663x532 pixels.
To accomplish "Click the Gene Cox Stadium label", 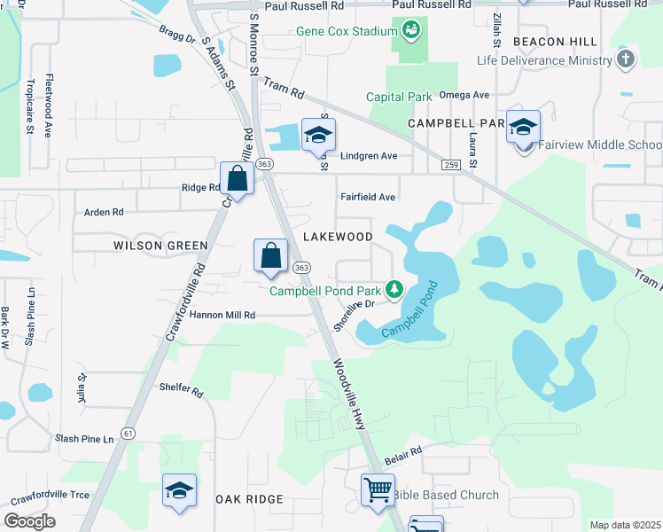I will (x=346, y=32).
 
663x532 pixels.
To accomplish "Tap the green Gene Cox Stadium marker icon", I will (x=410, y=32).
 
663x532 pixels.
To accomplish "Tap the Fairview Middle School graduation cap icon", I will (x=523, y=128).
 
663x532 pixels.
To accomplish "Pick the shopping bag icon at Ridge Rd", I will (x=238, y=178).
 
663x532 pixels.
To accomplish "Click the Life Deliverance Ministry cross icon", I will (x=626, y=60).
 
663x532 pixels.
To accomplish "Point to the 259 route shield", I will (x=451, y=165).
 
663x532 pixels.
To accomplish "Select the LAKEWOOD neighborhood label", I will (x=338, y=237).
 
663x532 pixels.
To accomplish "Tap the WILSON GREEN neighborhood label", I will (x=160, y=245).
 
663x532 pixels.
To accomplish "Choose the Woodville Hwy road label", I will (x=349, y=394).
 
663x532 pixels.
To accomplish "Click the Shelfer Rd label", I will (x=181, y=392).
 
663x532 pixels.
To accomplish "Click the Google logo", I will (x=29, y=521).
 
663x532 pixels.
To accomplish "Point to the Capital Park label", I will (x=399, y=97).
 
